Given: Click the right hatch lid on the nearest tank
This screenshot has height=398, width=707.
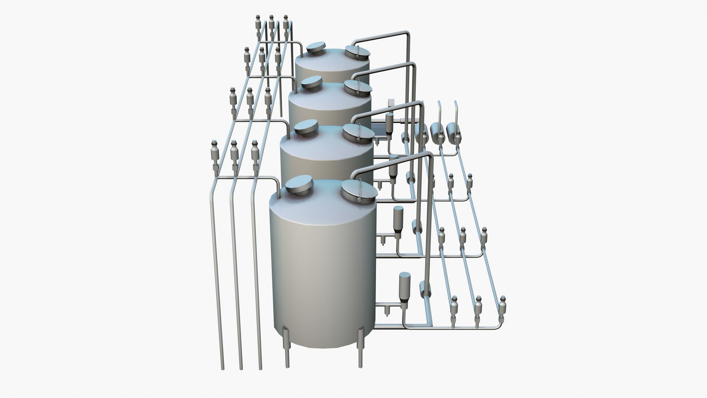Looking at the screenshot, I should (x=358, y=191).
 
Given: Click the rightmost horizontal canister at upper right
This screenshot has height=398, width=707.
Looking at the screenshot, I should (x=454, y=131).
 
